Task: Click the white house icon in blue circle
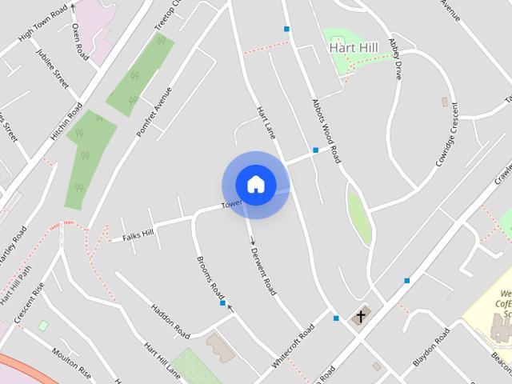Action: [256, 185]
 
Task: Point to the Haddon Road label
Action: [170, 320]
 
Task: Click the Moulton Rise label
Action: [72, 365]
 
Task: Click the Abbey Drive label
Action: [394, 59]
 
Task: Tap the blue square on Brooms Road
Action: [222, 303]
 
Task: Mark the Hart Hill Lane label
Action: [161, 359]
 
